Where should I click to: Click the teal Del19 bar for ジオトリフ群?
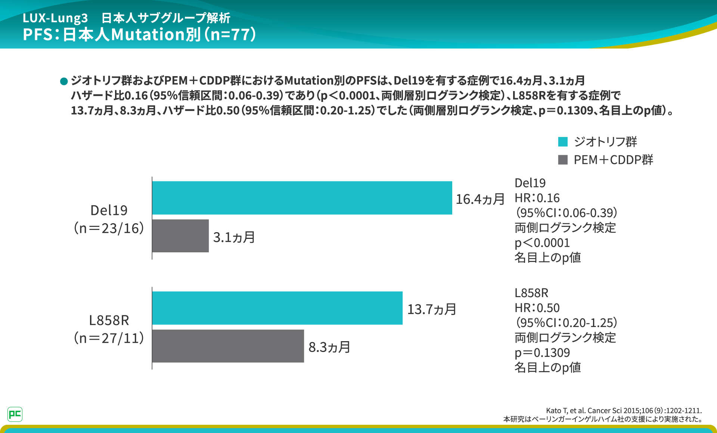pyautogui.click(x=302, y=198)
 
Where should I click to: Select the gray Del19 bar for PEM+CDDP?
pyautogui.click(x=180, y=236)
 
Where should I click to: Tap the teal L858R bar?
pyautogui.click(x=277, y=308)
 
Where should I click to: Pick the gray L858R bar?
pyautogui.click(x=228, y=346)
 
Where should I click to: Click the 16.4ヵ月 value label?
pyautogui.click(x=480, y=199)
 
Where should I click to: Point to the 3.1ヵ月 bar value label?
pyautogui.click(x=234, y=237)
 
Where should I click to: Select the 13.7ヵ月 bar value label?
pyautogui.click(x=432, y=309)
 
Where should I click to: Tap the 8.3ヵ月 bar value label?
pyautogui.click(x=329, y=348)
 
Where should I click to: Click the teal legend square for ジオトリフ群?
pyautogui.click(x=563, y=142)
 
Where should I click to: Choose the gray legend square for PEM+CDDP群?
pyautogui.click(x=563, y=160)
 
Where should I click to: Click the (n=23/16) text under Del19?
pyautogui.click(x=109, y=228)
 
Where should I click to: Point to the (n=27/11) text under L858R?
pyautogui.click(x=109, y=338)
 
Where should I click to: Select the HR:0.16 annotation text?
pyautogui.click(x=537, y=198)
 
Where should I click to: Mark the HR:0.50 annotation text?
pyautogui.click(x=537, y=308)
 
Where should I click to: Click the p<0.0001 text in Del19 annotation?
pyautogui.click(x=542, y=243)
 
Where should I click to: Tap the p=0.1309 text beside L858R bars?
pyautogui.click(x=542, y=353)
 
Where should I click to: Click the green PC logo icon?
pyautogui.click(x=15, y=414)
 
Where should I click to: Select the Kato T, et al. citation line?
pyautogui.click(x=624, y=411)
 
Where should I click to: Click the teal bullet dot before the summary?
pyautogui.click(x=64, y=81)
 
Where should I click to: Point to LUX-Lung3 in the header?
pyautogui.click(x=55, y=18)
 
